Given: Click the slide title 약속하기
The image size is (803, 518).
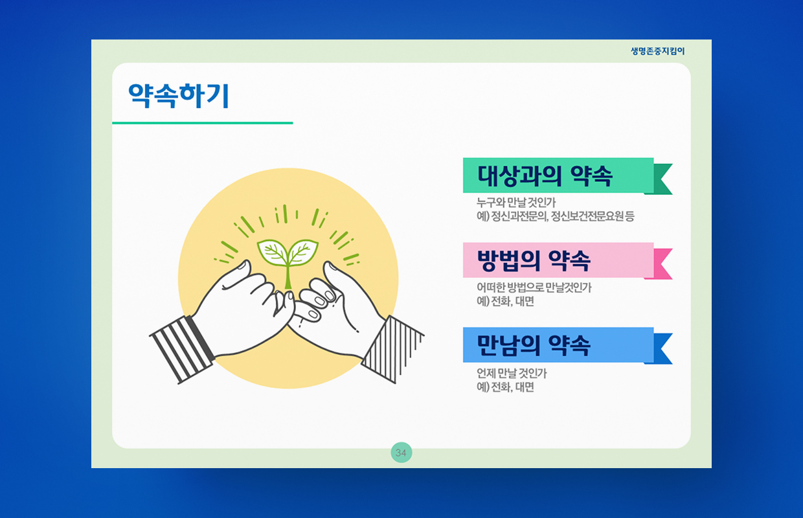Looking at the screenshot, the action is [x=179, y=95].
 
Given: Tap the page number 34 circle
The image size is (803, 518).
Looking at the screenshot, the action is [x=401, y=453].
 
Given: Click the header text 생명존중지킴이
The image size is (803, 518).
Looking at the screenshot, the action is [x=657, y=51].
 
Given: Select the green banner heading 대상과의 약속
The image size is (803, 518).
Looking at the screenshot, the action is [x=545, y=175].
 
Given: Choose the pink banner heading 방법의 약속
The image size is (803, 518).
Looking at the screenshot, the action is [x=534, y=260].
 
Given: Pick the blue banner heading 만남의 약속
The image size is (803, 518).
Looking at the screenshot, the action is [x=534, y=345].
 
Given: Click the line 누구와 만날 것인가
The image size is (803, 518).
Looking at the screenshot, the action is [x=516, y=203].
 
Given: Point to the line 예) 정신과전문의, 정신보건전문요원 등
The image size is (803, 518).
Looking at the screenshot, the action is [x=555, y=216].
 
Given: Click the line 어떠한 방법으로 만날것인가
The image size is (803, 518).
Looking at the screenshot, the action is [x=534, y=287].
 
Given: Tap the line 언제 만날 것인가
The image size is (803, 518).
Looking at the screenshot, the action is [x=512, y=374].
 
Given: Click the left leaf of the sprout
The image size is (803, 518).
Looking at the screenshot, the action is [x=272, y=253].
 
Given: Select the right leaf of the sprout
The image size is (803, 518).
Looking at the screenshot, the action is [x=303, y=253].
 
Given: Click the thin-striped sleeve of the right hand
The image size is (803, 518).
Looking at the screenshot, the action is [x=393, y=350].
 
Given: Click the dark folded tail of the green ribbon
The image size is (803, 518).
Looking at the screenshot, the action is [x=661, y=179].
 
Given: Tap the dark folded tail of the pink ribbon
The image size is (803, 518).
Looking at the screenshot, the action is [x=661, y=264].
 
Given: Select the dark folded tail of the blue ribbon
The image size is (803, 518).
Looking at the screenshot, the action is [x=661, y=349].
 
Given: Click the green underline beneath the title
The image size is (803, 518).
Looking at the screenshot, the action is [x=203, y=123].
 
